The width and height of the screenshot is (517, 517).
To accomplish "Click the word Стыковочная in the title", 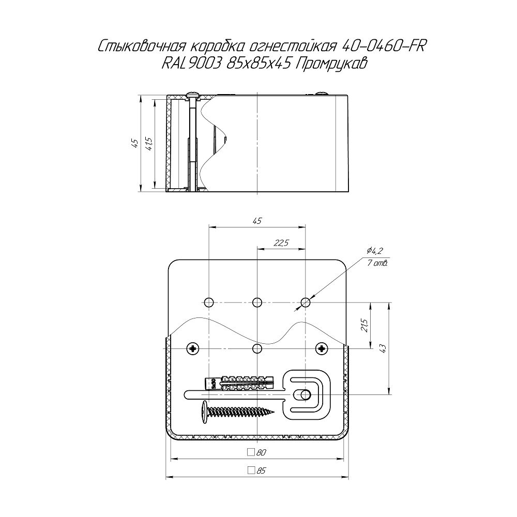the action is (142, 47).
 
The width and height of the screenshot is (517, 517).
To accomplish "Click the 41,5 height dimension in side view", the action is (149, 143).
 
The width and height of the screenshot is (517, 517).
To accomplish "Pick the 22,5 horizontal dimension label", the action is (281, 243).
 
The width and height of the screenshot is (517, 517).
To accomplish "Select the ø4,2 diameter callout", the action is (374, 251).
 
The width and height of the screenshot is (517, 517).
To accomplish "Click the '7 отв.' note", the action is (377, 263).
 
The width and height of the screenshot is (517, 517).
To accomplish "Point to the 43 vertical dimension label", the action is (383, 348).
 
